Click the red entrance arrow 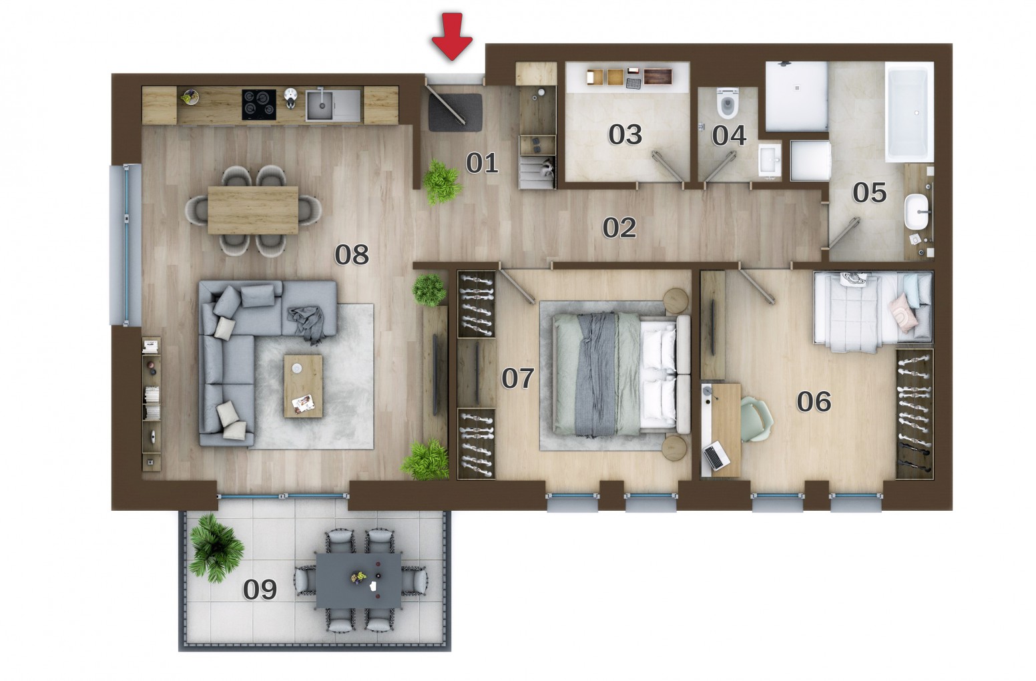452,36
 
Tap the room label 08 352,254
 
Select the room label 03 625,135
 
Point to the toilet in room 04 728,103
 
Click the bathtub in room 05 909,112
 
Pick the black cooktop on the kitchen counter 259,105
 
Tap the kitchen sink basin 319,105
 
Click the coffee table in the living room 304,387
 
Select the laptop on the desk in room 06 716,456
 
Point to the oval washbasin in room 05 917,212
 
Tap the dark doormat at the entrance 455,113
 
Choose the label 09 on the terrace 260,590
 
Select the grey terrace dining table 359,581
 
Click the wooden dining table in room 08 253,210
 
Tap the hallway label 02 619,228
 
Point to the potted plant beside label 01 442,182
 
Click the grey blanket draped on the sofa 307,324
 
